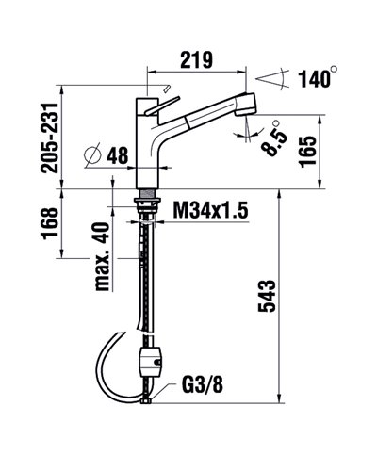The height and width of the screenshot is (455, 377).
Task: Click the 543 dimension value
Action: pyautogui.click(x=267, y=299)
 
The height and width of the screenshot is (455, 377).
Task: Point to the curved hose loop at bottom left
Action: pyautogui.click(x=106, y=367)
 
